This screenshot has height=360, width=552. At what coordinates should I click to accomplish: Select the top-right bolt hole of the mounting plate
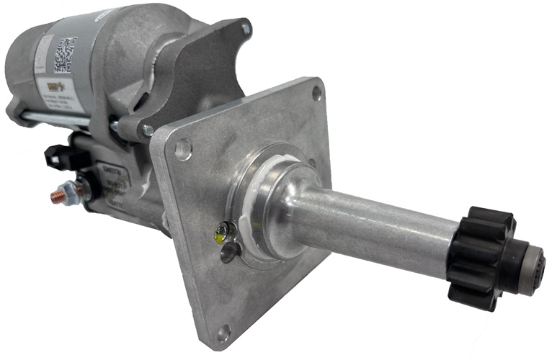[x=317, y=92]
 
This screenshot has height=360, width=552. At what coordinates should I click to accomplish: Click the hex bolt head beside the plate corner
[x=147, y=130]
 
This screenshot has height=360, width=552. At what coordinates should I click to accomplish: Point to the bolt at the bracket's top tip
[x=246, y=30]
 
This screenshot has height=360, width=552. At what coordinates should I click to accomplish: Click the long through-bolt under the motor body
[x=65, y=120]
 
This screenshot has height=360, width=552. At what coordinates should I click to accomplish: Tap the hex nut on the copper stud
[x=71, y=191]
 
